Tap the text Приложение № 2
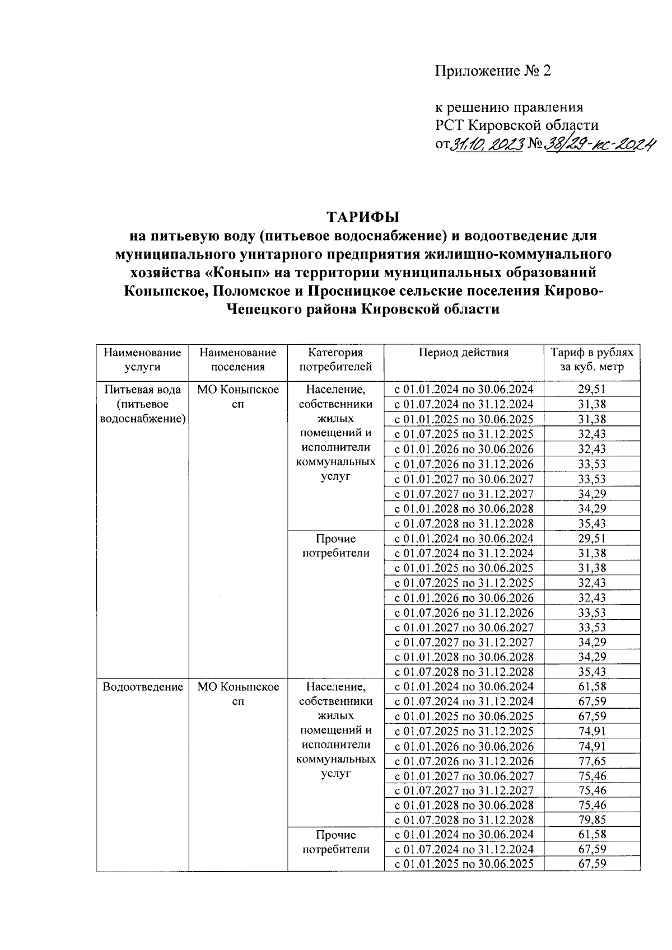coord(493,71)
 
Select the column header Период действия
coord(464,353)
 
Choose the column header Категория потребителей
coord(335,360)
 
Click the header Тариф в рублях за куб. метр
coord(592,360)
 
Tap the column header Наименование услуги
coord(142,360)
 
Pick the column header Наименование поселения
coord(237,360)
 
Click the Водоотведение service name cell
coord(143,687)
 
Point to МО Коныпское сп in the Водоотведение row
coord(237,694)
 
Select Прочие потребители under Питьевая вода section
coord(335,546)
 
